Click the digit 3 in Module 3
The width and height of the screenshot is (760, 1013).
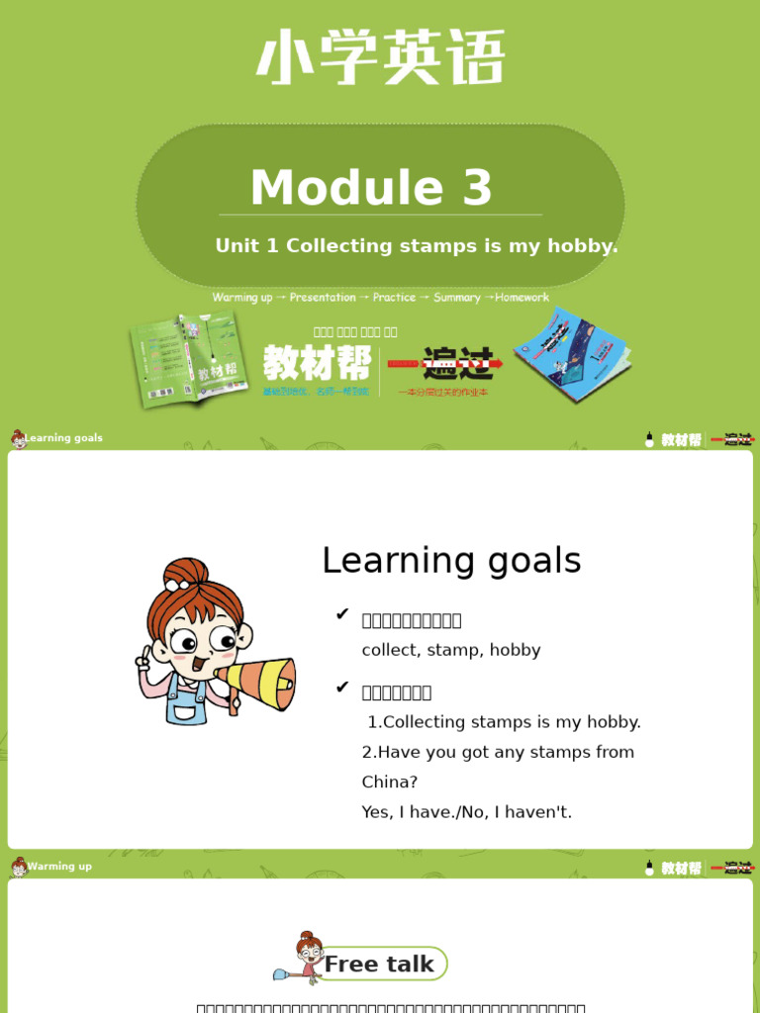[476, 188]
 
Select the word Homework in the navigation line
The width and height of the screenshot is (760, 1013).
[522, 297]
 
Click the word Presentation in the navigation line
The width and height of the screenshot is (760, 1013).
[323, 297]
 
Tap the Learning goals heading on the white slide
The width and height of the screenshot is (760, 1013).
[451, 561]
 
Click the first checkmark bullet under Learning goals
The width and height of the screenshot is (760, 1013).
[342, 615]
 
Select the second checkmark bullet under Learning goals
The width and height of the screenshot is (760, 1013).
[342, 688]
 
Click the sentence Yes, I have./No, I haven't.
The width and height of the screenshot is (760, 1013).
[467, 812]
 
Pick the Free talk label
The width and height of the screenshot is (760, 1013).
[379, 965]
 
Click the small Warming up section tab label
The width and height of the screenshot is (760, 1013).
[59, 867]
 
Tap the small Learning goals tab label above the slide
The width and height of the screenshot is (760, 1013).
[63, 438]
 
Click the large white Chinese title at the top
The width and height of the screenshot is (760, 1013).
[380, 57]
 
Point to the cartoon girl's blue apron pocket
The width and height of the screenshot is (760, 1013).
[184, 710]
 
